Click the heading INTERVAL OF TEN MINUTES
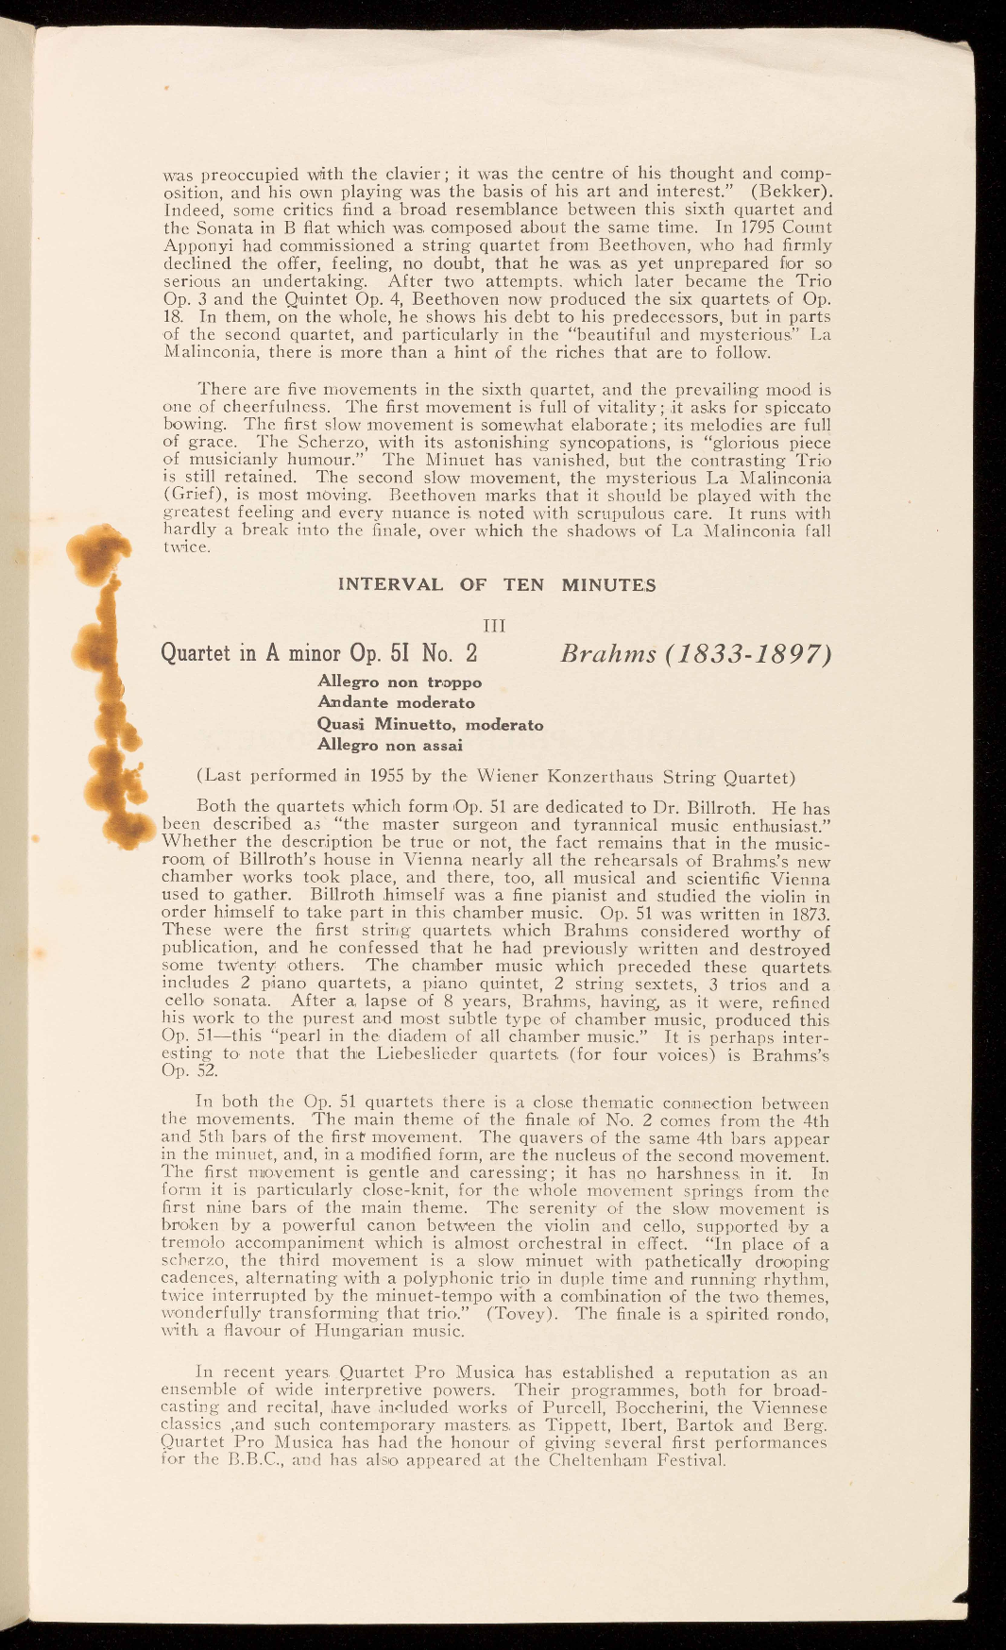coord(496,584)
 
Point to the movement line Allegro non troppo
coord(400,682)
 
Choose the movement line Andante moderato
coord(397,702)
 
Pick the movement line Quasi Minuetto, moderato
coord(431,724)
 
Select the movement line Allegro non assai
coord(390,745)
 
